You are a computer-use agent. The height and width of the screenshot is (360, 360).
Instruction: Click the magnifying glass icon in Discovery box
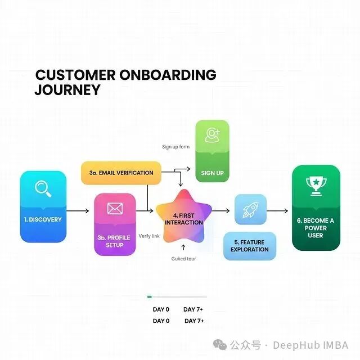pos(43,188)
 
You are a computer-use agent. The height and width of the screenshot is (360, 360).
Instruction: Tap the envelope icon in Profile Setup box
pos(115,209)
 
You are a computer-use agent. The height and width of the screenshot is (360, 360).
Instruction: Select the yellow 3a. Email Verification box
pos(121,173)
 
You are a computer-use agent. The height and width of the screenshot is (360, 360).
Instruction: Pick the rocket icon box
pos(250,210)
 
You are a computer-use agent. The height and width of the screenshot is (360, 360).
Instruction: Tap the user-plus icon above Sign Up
pos(212,136)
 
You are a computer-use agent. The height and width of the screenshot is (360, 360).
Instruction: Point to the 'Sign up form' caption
pos(175,147)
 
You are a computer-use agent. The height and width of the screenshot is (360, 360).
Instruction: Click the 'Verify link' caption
pos(148,236)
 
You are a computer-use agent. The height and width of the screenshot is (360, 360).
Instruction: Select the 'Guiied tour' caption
pos(183,259)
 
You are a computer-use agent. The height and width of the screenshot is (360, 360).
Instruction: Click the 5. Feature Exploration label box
pos(250,246)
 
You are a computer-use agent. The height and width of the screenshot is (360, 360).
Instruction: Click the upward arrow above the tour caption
pos(183,247)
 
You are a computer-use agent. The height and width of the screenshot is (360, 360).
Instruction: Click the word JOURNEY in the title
pos(67,89)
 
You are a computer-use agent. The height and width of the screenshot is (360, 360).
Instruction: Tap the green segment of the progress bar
pos(150,296)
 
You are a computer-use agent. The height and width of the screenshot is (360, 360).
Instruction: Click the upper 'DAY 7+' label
pos(193,309)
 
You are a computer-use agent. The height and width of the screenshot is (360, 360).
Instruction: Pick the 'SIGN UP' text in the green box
pos(212,173)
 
